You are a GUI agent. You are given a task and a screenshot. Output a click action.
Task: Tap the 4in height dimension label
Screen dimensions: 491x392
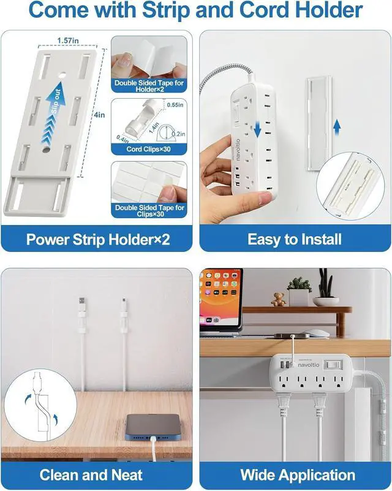coord(99,114)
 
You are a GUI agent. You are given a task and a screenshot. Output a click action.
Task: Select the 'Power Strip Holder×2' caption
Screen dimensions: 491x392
coord(98,239)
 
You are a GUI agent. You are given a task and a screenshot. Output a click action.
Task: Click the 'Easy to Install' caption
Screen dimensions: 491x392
coord(294,239)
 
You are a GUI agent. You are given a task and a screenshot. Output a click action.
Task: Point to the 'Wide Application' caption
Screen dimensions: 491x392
coord(298,474)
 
